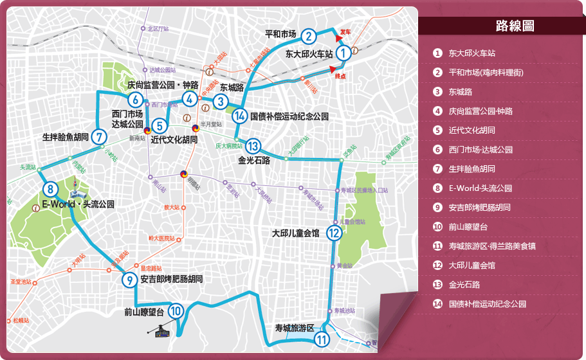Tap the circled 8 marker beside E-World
click(x=50, y=189)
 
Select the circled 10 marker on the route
click(x=176, y=311)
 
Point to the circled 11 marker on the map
click(x=322, y=340)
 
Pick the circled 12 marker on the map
click(x=333, y=233)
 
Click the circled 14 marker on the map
click(x=240, y=116)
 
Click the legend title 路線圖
click(x=515, y=26)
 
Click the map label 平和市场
click(x=280, y=34)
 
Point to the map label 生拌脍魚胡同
click(x=65, y=137)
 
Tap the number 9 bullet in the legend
click(x=437, y=208)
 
